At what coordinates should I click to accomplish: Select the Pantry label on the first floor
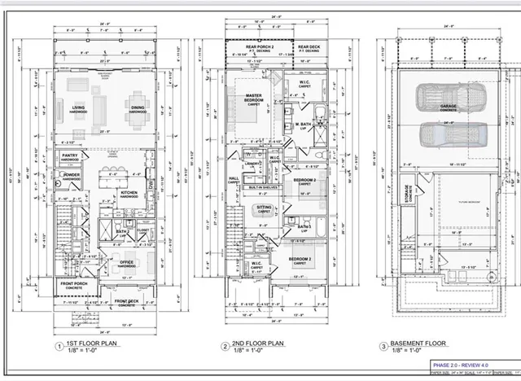(x=70, y=155)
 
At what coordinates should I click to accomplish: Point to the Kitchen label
(x=129, y=194)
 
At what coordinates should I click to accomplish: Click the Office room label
(x=125, y=264)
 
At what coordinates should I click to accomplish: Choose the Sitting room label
(x=265, y=208)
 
